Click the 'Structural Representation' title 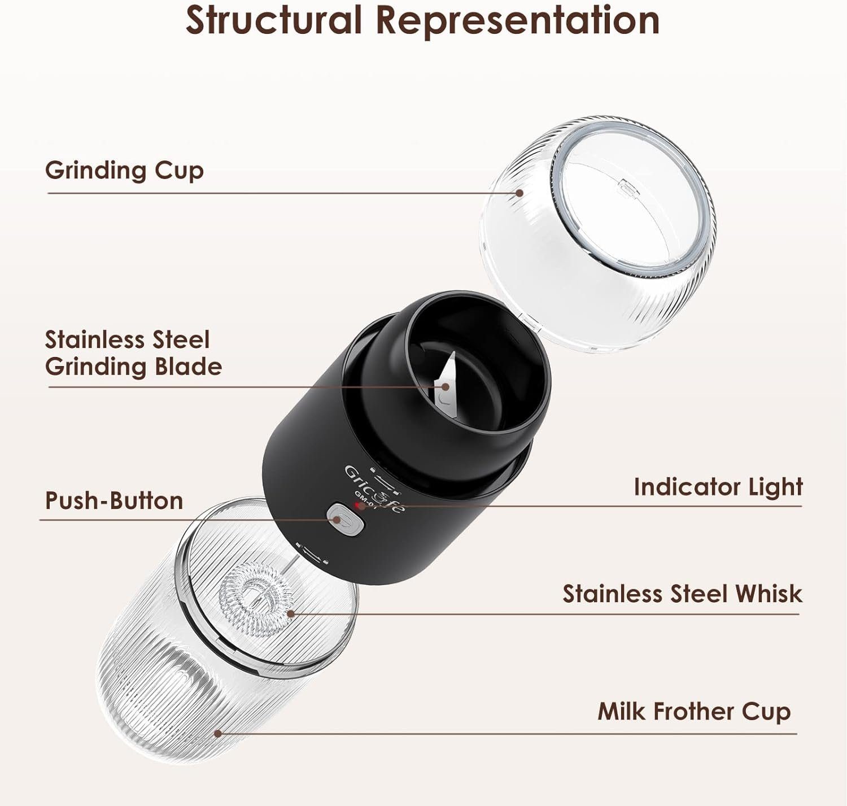pos(422,21)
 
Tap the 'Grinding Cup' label pos(124,171)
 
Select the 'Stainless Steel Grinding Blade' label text pos(134,353)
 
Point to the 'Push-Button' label pos(114,501)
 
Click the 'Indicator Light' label pos(718,487)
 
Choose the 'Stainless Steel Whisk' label pos(683,594)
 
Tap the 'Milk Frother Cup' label pos(694,711)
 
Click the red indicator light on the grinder pos(358,506)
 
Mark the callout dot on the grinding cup pos(519,193)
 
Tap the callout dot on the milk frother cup pos(218,734)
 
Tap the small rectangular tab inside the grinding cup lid pos(627,187)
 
